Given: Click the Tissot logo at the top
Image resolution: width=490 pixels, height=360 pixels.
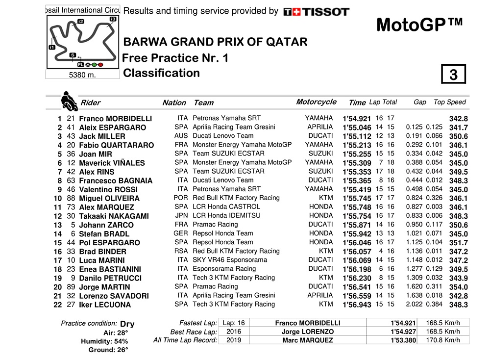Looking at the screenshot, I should [x=317, y=12].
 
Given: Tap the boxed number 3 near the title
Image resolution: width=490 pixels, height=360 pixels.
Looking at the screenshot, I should [x=453, y=75].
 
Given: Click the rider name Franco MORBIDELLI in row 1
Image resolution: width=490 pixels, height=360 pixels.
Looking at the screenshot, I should [x=115, y=119].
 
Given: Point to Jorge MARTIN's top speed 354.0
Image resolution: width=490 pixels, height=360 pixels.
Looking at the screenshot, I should [x=459, y=287].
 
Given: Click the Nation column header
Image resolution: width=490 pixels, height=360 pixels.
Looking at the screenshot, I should [x=174, y=103].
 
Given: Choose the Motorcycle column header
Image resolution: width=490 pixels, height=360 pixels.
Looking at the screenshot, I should [x=316, y=102].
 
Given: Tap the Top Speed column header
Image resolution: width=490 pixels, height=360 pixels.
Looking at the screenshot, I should [x=449, y=102].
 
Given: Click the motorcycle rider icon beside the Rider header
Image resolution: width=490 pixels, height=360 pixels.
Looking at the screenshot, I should [x=69, y=101].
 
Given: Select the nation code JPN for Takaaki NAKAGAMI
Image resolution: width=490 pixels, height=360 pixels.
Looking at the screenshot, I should [x=181, y=215].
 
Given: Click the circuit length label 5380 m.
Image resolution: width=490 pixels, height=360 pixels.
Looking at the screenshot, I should [x=82, y=75].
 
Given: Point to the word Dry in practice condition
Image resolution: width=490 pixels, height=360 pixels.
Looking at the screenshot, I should [x=127, y=324].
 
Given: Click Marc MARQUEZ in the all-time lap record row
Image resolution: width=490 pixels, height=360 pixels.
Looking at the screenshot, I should [x=308, y=340].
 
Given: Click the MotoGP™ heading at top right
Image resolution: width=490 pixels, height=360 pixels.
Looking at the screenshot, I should [x=419, y=25].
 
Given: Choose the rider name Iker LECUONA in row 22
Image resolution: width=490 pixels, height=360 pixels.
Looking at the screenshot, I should [x=105, y=305].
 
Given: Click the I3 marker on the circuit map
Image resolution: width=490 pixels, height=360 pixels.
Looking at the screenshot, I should [x=113, y=19].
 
